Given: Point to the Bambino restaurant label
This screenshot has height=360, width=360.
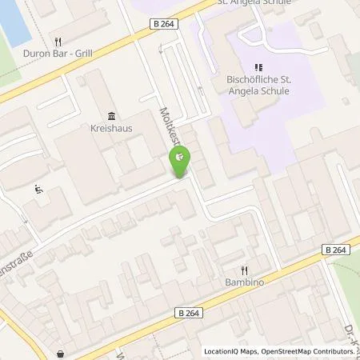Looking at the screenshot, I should pos(245,282).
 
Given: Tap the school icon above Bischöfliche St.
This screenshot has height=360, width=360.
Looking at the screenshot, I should pos(257,68).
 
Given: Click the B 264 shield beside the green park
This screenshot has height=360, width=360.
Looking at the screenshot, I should pos(339,249).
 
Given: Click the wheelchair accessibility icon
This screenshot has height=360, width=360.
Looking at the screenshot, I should pos(39,189).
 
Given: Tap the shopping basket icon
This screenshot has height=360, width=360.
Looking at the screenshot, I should pos(61,353).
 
